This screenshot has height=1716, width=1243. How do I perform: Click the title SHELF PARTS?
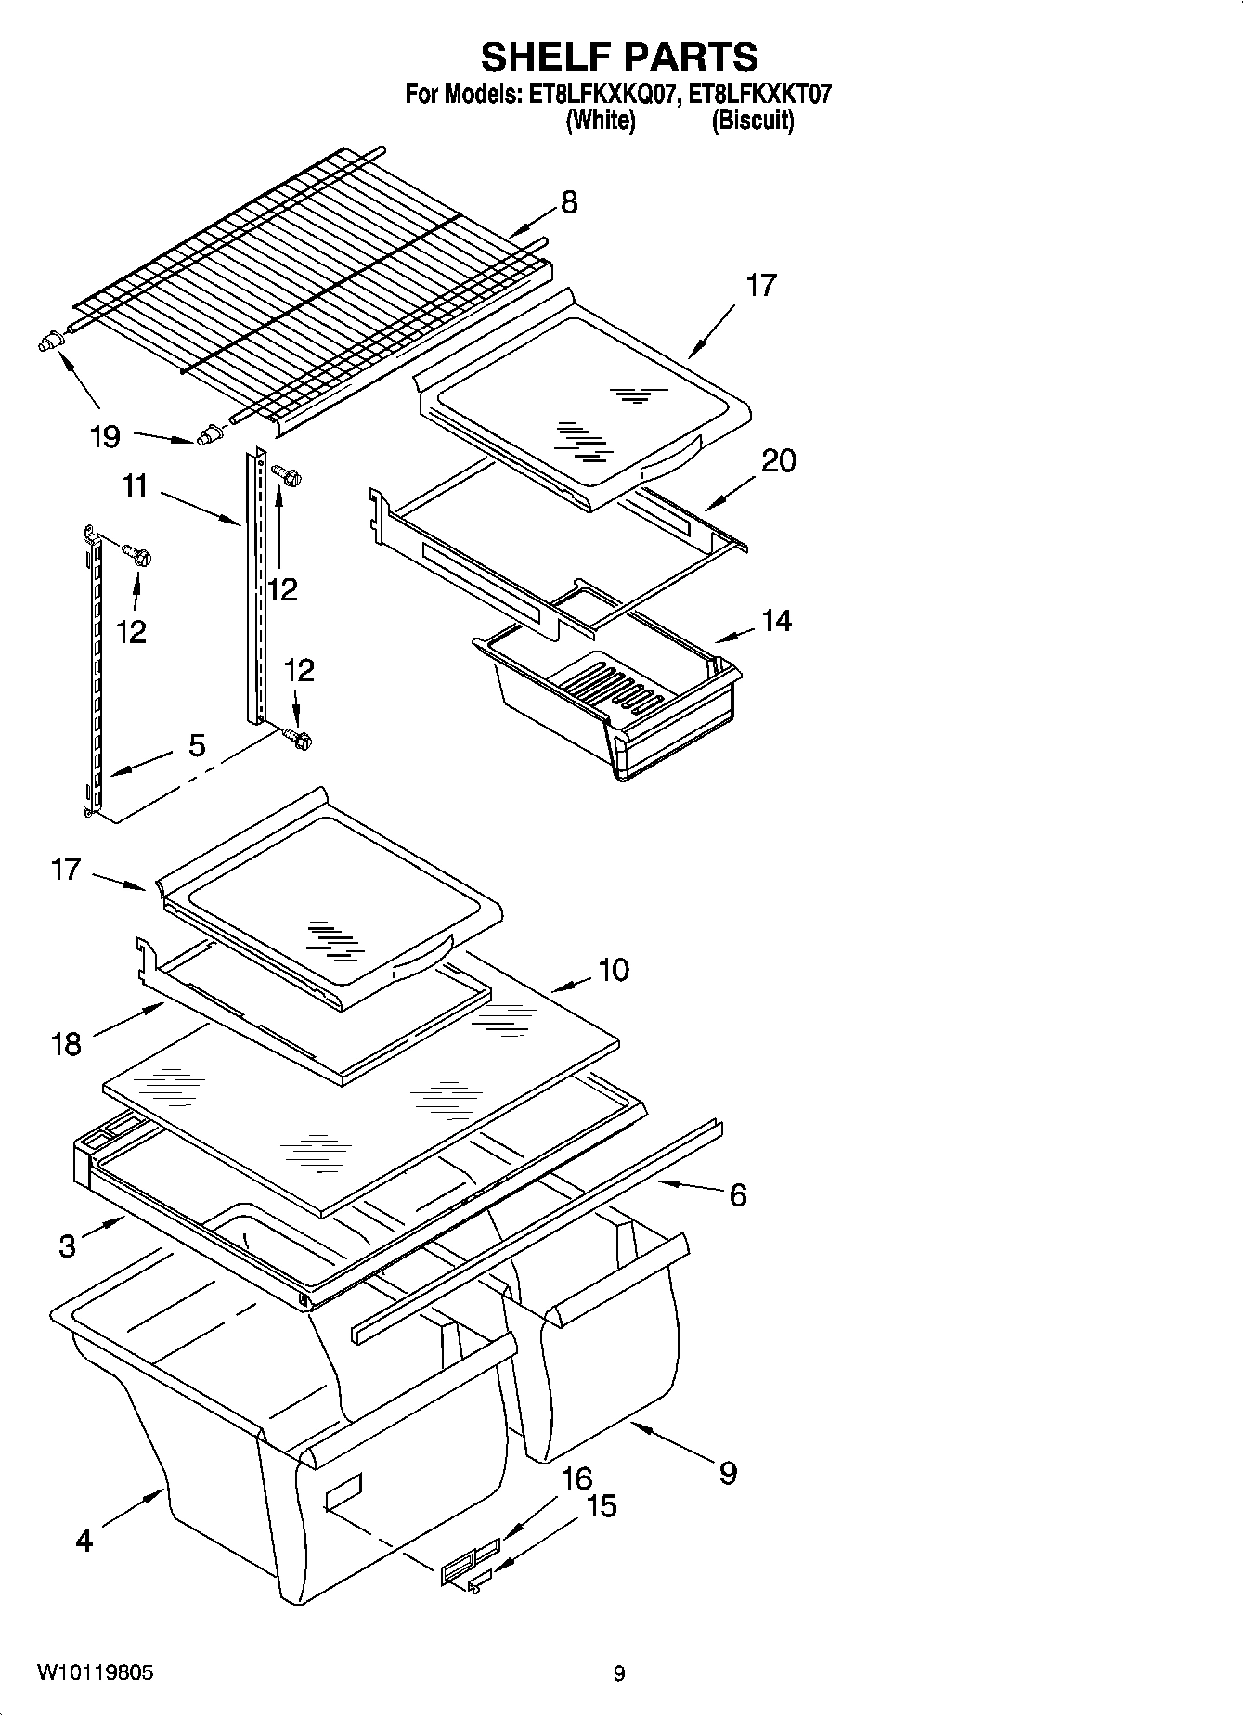tap(619, 58)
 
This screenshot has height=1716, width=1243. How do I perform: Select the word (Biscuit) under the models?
tap(753, 121)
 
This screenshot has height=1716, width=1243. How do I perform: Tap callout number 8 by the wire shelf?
tap(569, 202)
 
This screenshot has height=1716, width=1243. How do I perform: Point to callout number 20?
tap(778, 460)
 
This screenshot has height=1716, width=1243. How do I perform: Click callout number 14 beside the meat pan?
tap(776, 620)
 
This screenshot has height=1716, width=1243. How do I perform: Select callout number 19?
tap(106, 436)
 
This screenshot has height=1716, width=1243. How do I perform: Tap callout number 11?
tap(136, 485)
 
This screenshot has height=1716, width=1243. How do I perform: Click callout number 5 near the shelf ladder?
tap(197, 745)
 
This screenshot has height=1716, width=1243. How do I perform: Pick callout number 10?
tap(614, 970)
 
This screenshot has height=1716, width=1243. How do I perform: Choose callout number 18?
tap(66, 1045)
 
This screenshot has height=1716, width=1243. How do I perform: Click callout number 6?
tap(737, 1195)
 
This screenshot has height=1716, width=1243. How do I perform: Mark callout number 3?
tap(67, 1245)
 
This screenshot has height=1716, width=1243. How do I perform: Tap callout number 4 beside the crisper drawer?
tap(84, 1541)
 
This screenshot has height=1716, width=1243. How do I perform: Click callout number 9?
tap(728, 1472)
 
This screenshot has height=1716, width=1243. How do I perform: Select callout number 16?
tap(576, 1478)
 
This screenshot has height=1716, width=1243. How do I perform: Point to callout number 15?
tap(602, 1505)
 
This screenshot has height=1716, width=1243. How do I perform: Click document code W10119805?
tap(96, 1672)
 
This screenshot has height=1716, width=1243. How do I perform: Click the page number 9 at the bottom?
tap(619, 1673)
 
